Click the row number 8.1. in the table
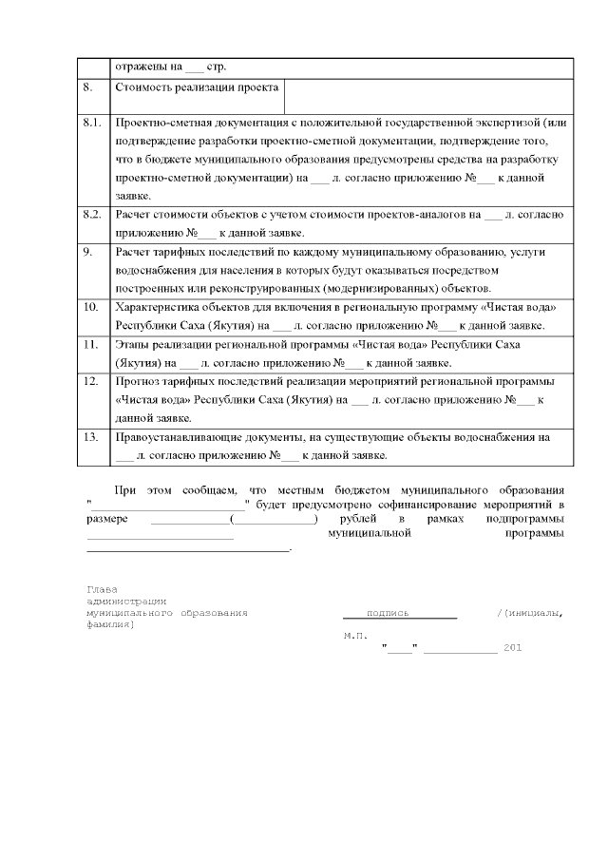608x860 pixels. [x=92, y=124]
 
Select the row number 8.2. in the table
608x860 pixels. [x=92, y=215]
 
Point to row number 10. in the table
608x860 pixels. [x=91, y=307]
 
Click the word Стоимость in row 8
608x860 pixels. [x=143, y=87]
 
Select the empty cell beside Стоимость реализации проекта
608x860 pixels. [x=429, y=96]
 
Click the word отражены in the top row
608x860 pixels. [x=139, y=67]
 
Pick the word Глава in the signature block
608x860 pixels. [x=102, y=588]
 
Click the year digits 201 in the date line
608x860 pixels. [x=512, y=648]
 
